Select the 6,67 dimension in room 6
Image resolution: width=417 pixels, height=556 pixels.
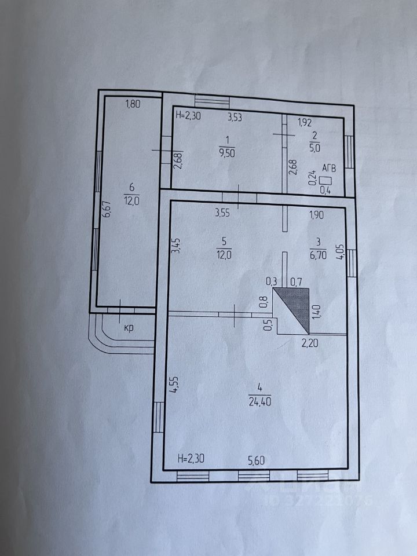(x=107, y=209)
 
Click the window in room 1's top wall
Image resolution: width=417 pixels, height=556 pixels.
(x=212, y=100)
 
